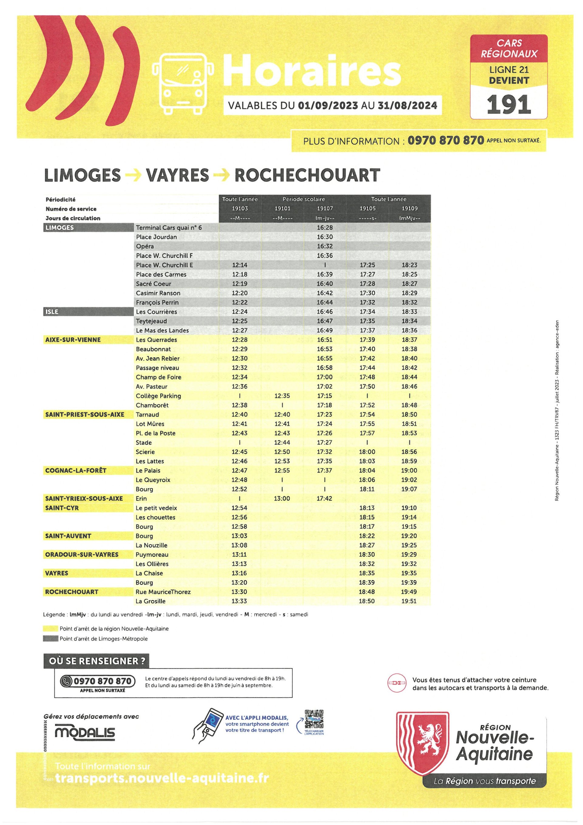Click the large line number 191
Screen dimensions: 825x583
(508, 105)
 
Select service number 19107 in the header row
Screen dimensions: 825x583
(325, 208)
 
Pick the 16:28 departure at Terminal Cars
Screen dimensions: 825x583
(325, 228)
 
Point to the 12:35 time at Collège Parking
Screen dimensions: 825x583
(282, 396)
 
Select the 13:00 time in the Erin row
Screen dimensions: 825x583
(282, 498)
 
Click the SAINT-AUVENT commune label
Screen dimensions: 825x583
(68, 536)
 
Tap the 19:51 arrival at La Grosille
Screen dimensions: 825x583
(409, 601)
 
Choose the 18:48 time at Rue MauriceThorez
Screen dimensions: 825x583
(367, 592)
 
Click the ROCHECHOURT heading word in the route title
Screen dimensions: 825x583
(307, 175)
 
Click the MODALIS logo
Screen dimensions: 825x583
(85, 733)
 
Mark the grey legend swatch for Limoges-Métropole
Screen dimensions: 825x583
(50, 638)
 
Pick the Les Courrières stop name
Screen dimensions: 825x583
(156, 311)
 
